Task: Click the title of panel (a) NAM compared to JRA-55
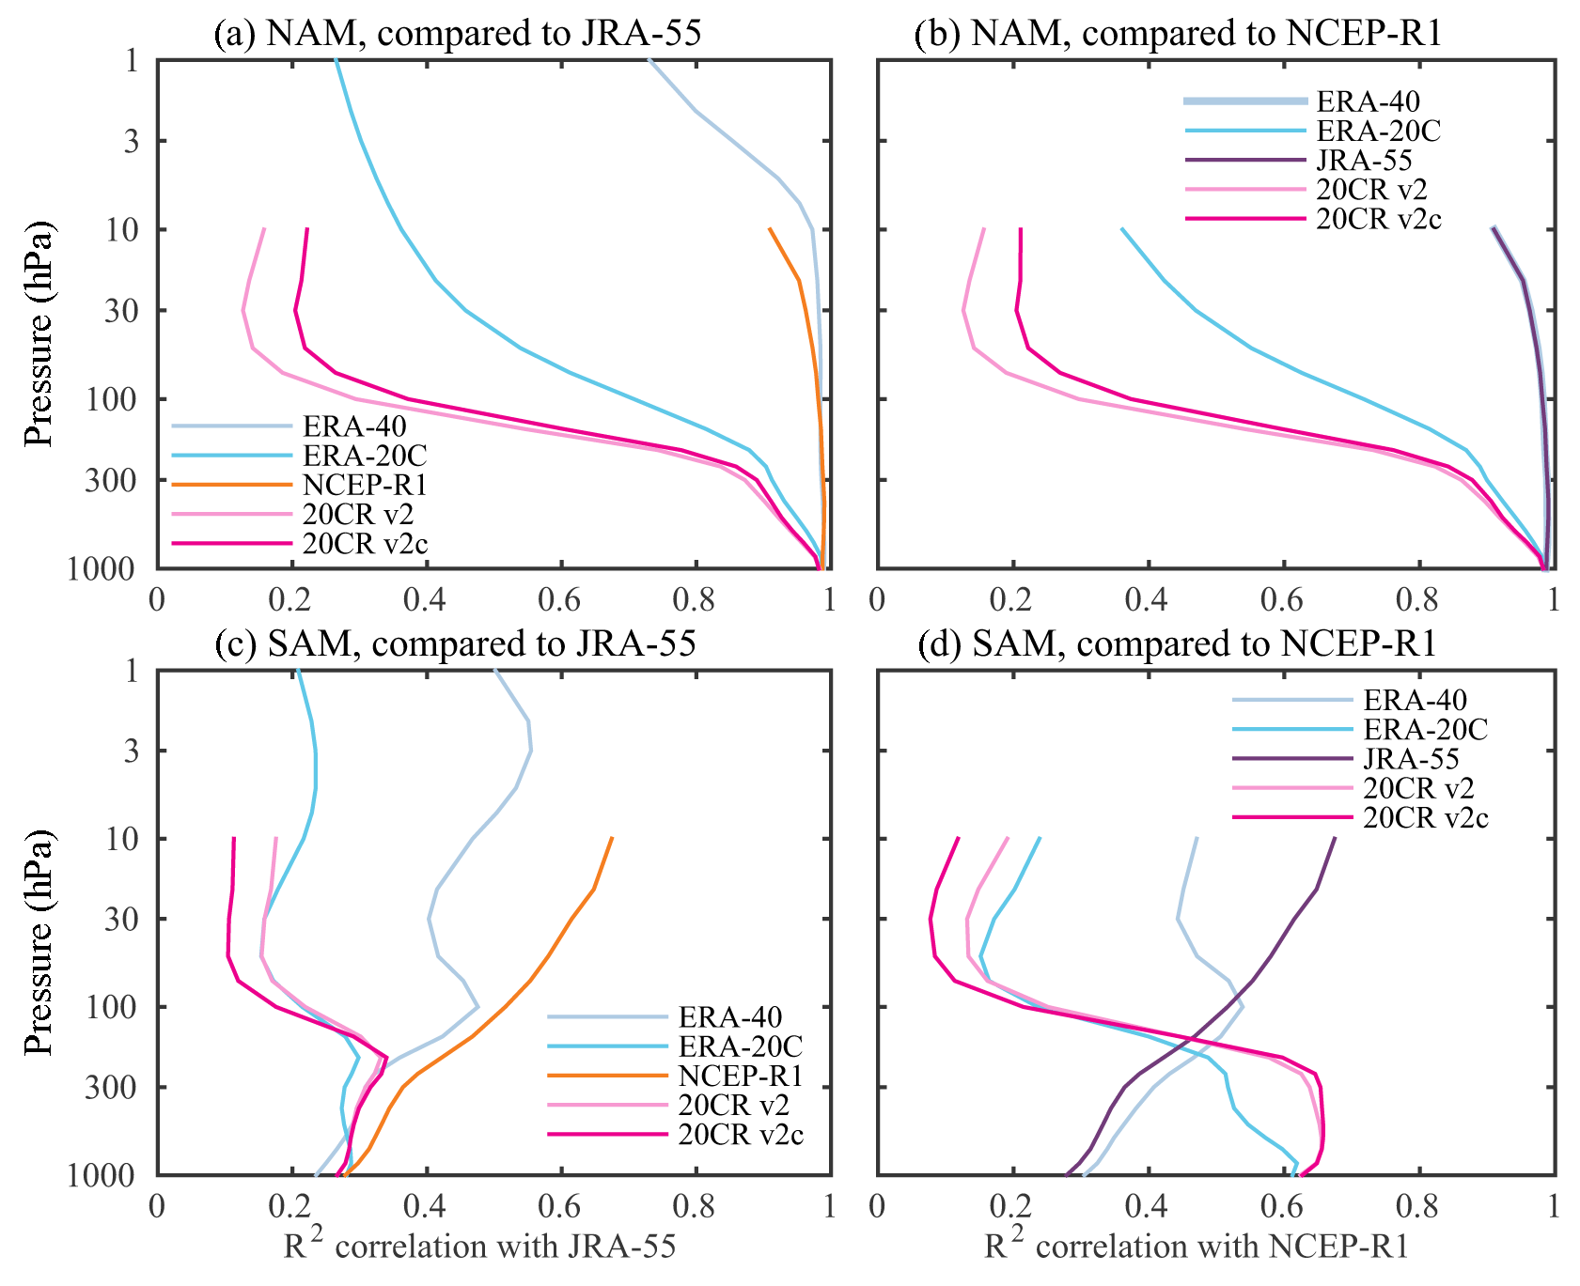coord(458,34)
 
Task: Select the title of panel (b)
coord(1178,34)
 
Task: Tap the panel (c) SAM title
coord(456,643)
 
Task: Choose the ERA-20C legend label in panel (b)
coord(1378,131)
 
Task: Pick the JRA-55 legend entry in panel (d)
coord(1411,759)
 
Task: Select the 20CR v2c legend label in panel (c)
coord(741,1135)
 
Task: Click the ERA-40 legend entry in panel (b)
coord(1368,101)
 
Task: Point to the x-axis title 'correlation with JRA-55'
coord(479,1247)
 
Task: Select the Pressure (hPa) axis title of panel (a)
coord(39,333)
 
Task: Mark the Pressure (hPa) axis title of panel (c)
coord(39,942)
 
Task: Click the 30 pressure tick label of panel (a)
coord(122,311)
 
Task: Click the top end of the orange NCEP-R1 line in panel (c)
coord(612,838)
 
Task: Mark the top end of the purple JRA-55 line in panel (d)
coord(1335,838)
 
